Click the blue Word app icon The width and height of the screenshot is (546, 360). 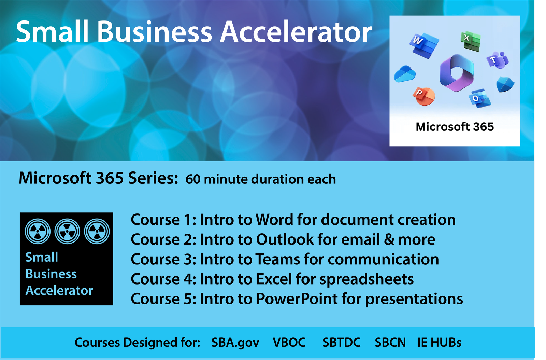click(x=424, y=45)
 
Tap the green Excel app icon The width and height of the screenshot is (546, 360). click(x=471, y=41)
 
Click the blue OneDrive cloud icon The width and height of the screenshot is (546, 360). click(x=405, y=74)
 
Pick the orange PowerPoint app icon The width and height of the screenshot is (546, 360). click(x=423, y=96)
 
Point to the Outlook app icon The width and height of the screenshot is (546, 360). click(x=480, y=98)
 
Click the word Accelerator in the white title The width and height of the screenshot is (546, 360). click(x=296, y=32)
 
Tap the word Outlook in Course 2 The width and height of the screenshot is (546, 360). click(x=285, y=239)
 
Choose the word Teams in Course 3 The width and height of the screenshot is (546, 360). click(x=278, y=259)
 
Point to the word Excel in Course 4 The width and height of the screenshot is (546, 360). click(x=274, y=279)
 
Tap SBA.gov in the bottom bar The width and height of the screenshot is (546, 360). click(x=235, y=343)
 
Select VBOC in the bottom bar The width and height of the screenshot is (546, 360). click(x=289, y=343)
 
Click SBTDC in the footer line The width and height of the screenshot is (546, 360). click(x=342, y=343)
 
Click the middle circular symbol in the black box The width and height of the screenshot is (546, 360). click(x=67, y=232)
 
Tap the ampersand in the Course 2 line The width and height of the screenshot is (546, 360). click(x=389, y=239)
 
